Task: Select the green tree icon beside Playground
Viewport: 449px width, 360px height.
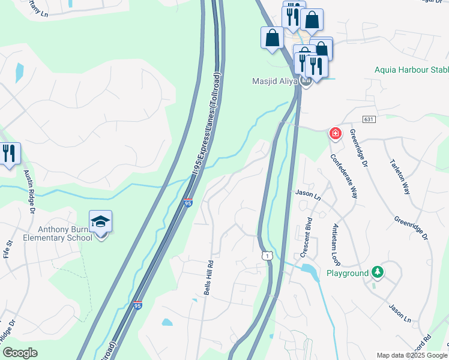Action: click(377, 272)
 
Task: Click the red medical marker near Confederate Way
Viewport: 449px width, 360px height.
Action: click(335, 133)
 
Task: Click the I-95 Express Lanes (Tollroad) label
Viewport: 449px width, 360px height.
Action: click(205, 125)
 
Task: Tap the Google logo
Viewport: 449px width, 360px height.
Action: click(20, 353)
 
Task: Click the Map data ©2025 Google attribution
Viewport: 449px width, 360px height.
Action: click(411, 355)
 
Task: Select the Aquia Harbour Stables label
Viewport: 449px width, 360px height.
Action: click(411, 70)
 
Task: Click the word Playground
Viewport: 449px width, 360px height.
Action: click(347, 273)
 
